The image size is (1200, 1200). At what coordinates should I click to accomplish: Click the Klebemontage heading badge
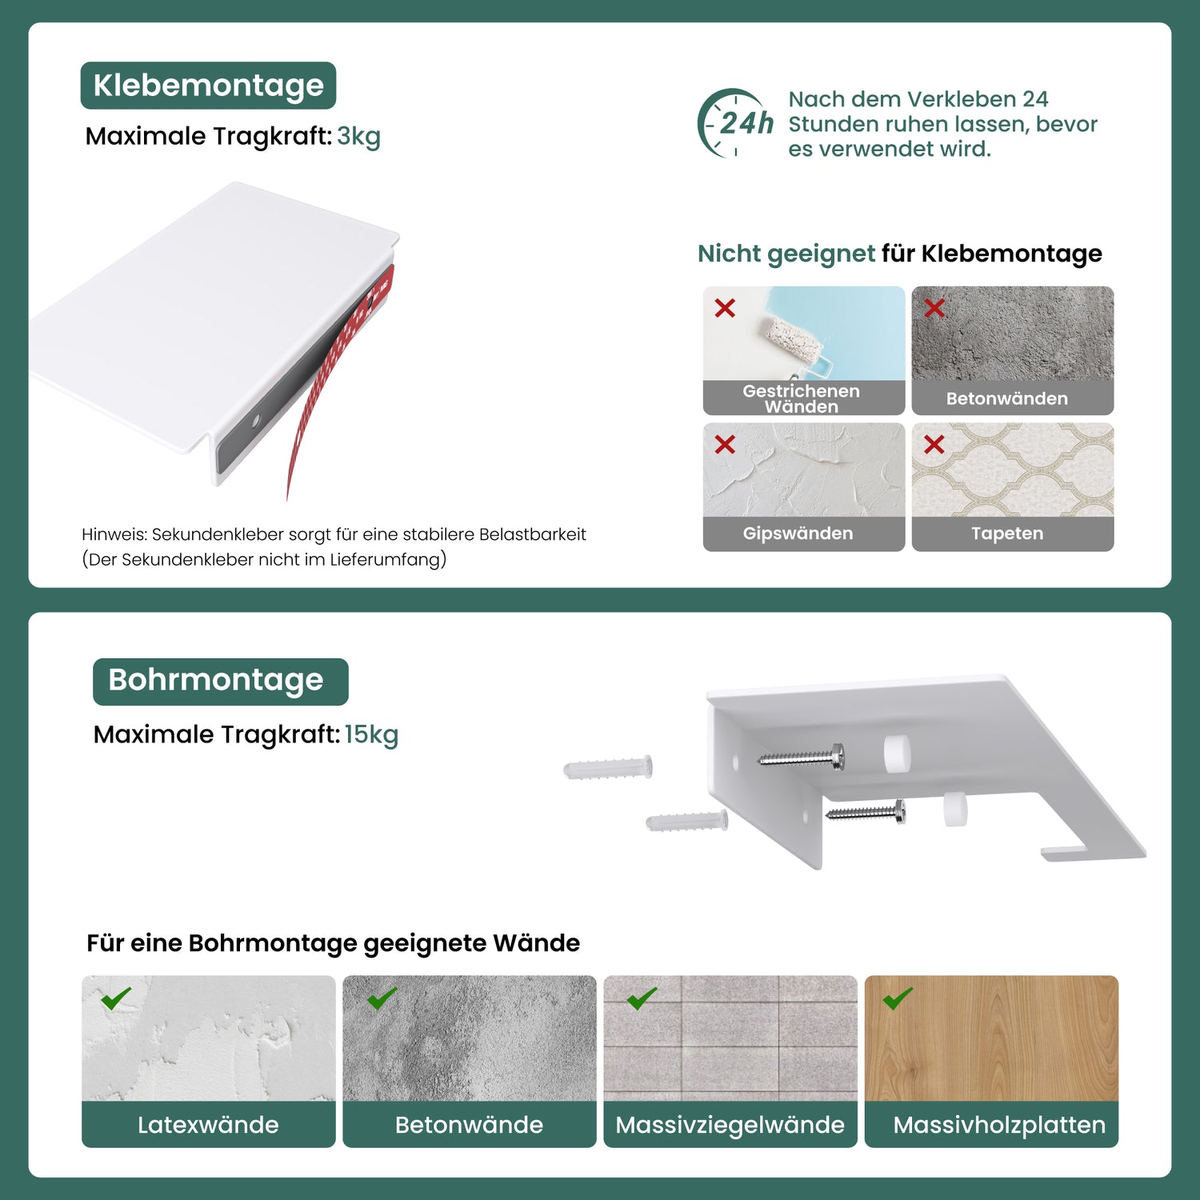(208, 86)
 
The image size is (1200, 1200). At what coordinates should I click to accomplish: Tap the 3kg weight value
(358, 137)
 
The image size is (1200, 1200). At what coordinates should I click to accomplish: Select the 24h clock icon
(734, 123)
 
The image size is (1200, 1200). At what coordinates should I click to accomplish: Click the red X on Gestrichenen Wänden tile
(725, 308)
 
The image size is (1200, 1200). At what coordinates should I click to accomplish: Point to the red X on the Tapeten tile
(934, 445)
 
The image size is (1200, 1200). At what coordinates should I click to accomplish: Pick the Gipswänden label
(798, 534)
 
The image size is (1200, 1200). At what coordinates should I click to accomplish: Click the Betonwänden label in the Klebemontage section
(1006, 398)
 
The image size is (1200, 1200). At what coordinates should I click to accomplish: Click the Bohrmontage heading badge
(220, 682)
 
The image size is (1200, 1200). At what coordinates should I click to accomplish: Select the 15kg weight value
(371, 735)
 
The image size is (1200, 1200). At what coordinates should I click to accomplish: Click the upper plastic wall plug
(608, 768)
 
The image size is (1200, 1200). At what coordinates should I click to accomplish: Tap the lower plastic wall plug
(687, 821)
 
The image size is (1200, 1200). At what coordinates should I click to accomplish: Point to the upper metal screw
(801, 756)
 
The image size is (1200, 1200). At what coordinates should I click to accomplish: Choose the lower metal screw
(866, 811)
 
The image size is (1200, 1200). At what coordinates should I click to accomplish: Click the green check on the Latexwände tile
(116, 998)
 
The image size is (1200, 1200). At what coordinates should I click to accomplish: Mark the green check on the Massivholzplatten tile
(898, 998)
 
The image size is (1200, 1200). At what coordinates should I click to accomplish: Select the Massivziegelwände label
(730, 1125)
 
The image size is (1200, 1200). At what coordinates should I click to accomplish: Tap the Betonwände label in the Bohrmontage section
(469, 1125)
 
